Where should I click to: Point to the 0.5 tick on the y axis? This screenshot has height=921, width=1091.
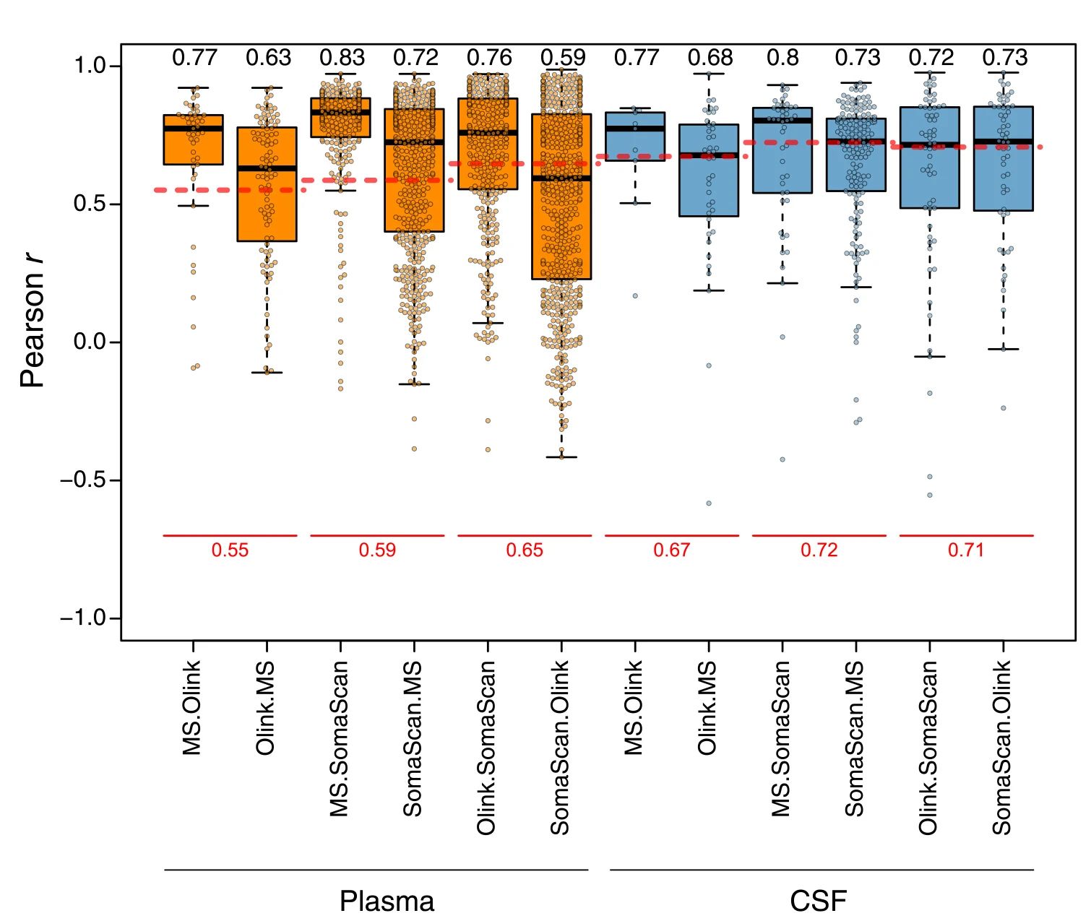click(x=91, y=204)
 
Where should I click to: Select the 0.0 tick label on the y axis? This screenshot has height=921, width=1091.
click(x=91, y=342)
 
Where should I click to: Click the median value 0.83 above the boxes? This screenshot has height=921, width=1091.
click(x=342, y=58)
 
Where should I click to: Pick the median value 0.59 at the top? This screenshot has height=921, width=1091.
click(x=564, y=58)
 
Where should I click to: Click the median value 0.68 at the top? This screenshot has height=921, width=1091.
click(x=710, y=58)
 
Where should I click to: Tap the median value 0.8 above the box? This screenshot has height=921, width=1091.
click(x=783, y=58)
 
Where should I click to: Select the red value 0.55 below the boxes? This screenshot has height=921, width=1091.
click(x=230, y=550)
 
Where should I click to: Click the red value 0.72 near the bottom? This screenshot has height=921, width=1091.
click(x=819, y=550)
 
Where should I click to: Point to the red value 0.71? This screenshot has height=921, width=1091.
click(x=966, y=550)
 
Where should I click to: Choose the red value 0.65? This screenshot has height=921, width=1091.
click(x=525, y=550)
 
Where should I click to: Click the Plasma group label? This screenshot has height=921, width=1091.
click(x=387, y=901)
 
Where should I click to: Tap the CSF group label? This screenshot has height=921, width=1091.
click(x=818, y=901)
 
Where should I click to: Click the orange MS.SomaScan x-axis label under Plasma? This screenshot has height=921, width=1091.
click(x=339, y=738)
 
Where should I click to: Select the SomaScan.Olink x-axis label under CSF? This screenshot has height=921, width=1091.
click(x=1001, y=747)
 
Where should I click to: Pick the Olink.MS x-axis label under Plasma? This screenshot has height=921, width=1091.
click(x=265, y=708)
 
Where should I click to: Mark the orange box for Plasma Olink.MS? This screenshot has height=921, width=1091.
click(x=267, y=209)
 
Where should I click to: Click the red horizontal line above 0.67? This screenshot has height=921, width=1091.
click(x=672, y=535)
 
